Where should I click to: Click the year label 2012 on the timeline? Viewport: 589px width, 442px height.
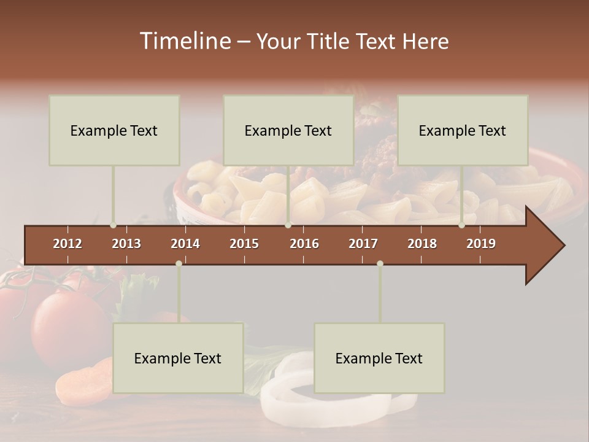point(67,244)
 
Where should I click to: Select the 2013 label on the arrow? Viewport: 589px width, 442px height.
point(126,244)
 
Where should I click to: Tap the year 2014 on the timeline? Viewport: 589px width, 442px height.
point(185,244)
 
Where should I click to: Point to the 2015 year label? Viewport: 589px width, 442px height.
point(244,244)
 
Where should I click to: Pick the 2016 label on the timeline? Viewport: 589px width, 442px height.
point(304,244)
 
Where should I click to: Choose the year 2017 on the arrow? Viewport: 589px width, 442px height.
point(363,244)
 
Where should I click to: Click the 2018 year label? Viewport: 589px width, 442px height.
point(422,244)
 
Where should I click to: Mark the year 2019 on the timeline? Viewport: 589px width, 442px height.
point(481,244)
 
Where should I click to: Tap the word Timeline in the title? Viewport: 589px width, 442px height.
point(185,41)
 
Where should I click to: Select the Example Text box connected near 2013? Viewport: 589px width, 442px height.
point(114,130)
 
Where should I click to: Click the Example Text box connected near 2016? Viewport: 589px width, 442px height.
point(288,130)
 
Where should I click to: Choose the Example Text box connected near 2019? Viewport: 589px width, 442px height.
point(463,130)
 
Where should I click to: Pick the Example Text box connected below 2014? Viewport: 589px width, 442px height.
point(178,358)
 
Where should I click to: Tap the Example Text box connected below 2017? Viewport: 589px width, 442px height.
point(379,358)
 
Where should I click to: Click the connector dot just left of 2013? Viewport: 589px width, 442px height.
point(113,225)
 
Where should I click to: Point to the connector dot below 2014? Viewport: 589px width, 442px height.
point(179,263)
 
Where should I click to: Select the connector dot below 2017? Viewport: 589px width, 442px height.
point(380,263)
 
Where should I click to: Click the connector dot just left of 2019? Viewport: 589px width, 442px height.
point(461,225)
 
